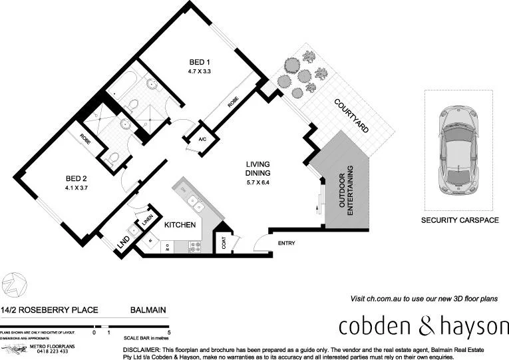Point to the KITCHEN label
pyautogui.click(x=180, y=225)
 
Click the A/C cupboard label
pyautogui.click(x=202, y=140)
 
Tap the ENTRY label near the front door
pyautogui.click(x=286, y=244)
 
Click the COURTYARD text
pyautogui.click(x=351, y=117)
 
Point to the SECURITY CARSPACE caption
pyautogui.click(x=460, y=220)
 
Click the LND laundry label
pyautogui.click(x=122, y=244)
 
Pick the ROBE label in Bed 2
pyautogui.click(x=86, y=140)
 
